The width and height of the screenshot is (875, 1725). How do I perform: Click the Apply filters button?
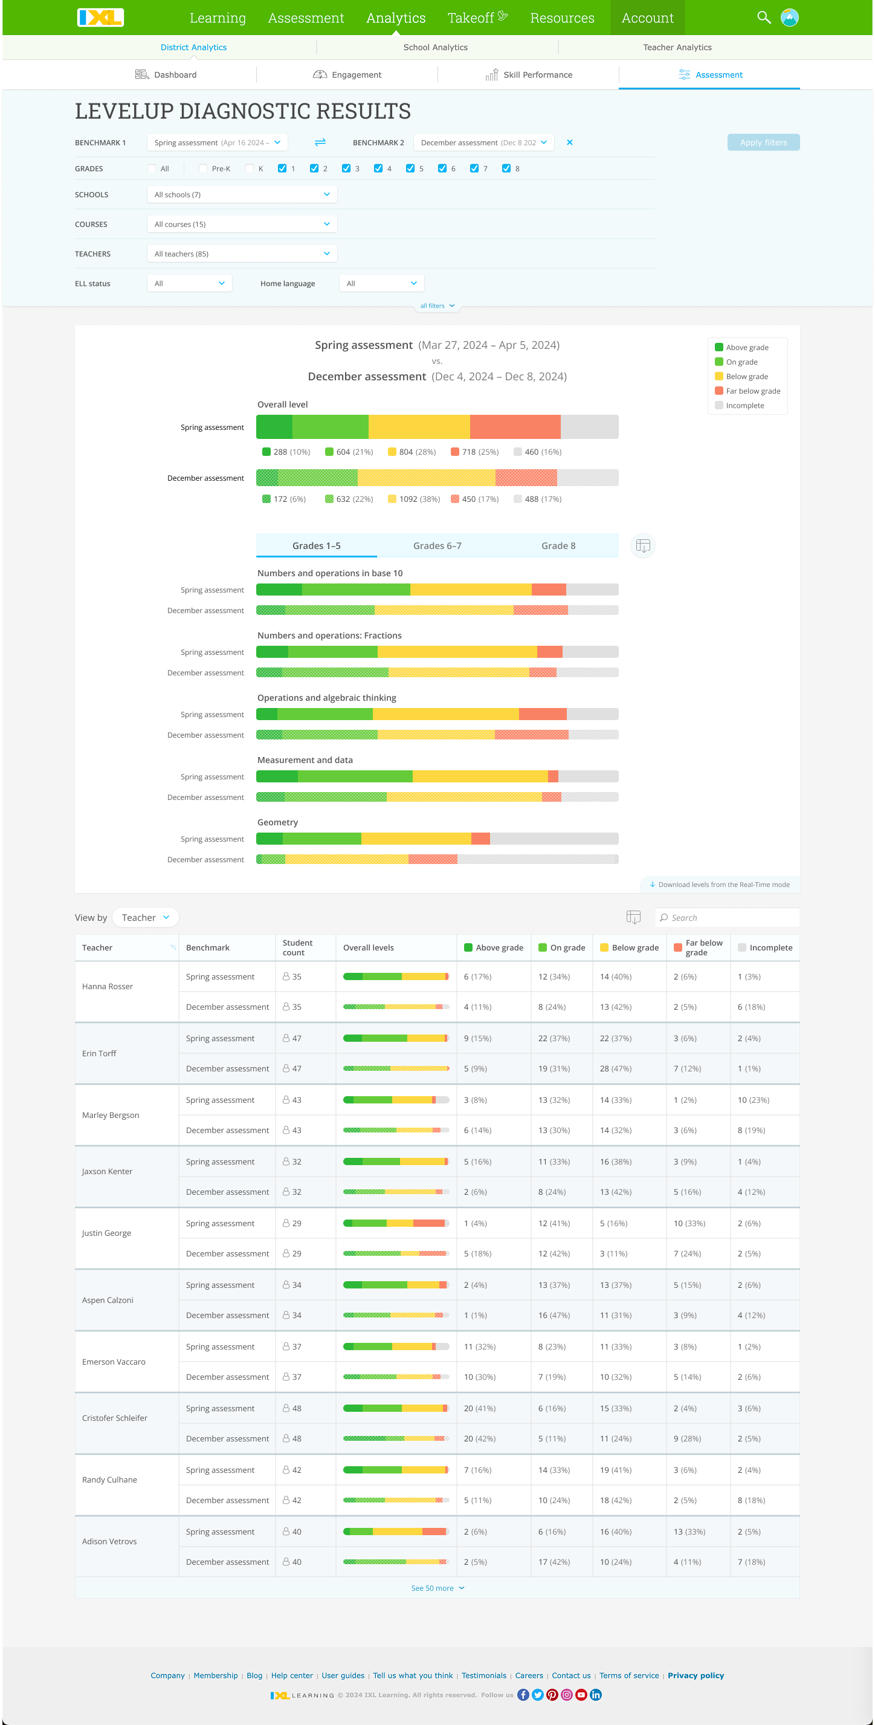click(763, 142)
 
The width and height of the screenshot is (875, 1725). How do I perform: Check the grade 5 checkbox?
click(410, 168)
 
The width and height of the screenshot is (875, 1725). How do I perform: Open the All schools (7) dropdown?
click(242, 194)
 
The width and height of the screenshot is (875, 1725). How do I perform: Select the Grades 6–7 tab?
click(437, 545)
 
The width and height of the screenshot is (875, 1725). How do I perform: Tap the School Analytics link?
click(435, 47)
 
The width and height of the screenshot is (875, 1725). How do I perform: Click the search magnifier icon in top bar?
click(763, 18)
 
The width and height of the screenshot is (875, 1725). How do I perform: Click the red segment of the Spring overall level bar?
click(515, 426)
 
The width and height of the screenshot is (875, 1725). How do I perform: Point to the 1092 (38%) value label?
click(419, 499)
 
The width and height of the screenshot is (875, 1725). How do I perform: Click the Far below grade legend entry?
click(752, 391)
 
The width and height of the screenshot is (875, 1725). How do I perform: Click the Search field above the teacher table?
click(730, 917)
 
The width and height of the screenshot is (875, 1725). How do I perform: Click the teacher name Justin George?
click(106, 1233)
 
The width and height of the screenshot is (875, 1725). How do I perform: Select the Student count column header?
click(297, 947)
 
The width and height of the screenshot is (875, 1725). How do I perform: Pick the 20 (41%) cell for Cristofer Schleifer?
click(479, 1408)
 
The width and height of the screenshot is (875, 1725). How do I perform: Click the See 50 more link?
click(436, 1588)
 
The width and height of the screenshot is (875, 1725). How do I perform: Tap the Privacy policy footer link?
click(695, 1675)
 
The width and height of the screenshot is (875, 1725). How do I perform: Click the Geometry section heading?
click(277, 822)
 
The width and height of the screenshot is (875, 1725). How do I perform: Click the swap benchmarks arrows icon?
click(320, 142)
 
